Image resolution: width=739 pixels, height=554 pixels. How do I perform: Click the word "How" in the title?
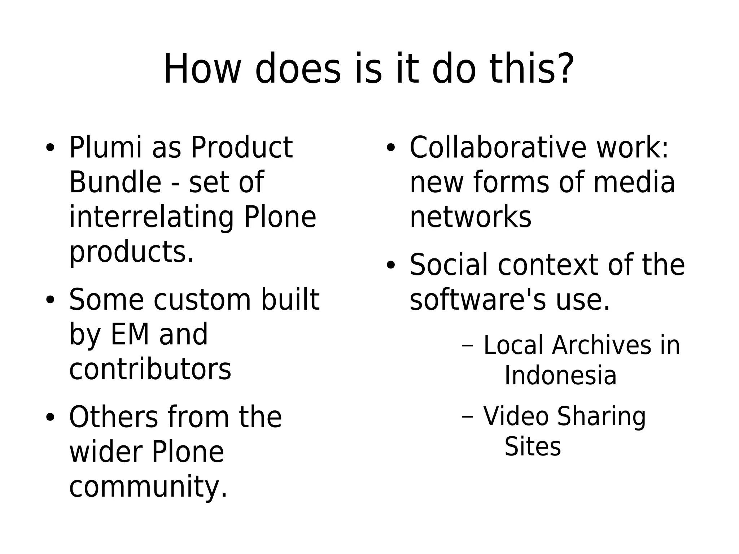pyautogui.click(x=202, y=69)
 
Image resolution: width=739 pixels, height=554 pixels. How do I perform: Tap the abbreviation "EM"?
pyautogui.click(x=130, y=335)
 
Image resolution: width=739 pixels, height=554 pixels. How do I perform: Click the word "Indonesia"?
pyautogui.click(x=560, y=375)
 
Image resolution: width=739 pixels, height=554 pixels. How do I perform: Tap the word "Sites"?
pyautogui.click(x=533, y=446)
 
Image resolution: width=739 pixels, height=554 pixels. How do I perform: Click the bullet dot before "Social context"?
pyautogui.click(x=391, y=266)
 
